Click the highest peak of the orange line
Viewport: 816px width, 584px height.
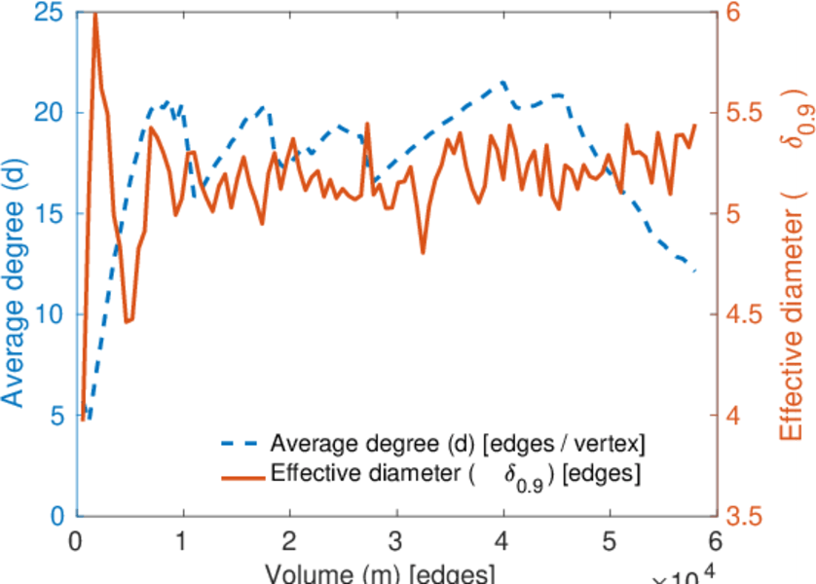[x=95, y=14]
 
